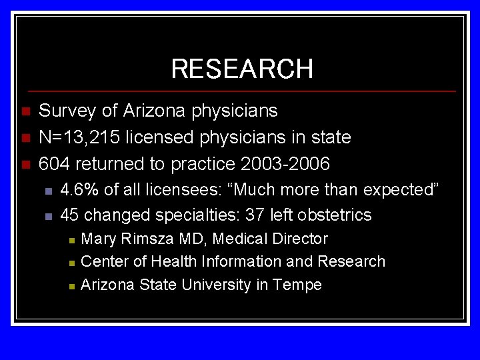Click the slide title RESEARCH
pos(241,69)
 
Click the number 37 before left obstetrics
pos(254,215)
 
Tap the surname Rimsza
pos(143,239)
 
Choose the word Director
pos(299,239)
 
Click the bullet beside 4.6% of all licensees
pos(48,191)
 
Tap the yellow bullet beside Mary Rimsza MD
pos(71,239)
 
